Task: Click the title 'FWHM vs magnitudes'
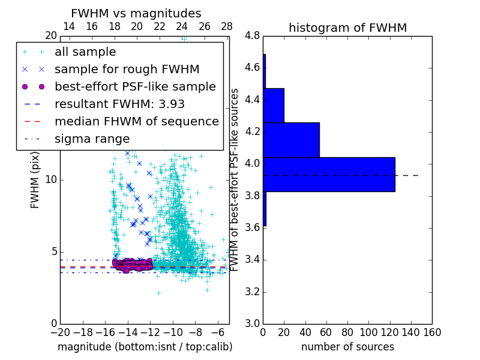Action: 136,13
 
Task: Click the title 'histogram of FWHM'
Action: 347,28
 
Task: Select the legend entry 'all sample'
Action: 85,52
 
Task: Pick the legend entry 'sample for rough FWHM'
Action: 127,69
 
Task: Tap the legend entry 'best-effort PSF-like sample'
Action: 135,86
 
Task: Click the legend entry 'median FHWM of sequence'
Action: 136,121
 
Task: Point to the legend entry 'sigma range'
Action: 92,139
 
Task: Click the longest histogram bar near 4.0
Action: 329,175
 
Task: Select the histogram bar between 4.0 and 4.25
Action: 291,140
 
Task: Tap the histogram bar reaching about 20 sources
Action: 274,106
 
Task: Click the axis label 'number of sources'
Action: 347,347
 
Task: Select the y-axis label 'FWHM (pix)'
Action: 35,180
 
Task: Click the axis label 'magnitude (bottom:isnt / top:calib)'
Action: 145,347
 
